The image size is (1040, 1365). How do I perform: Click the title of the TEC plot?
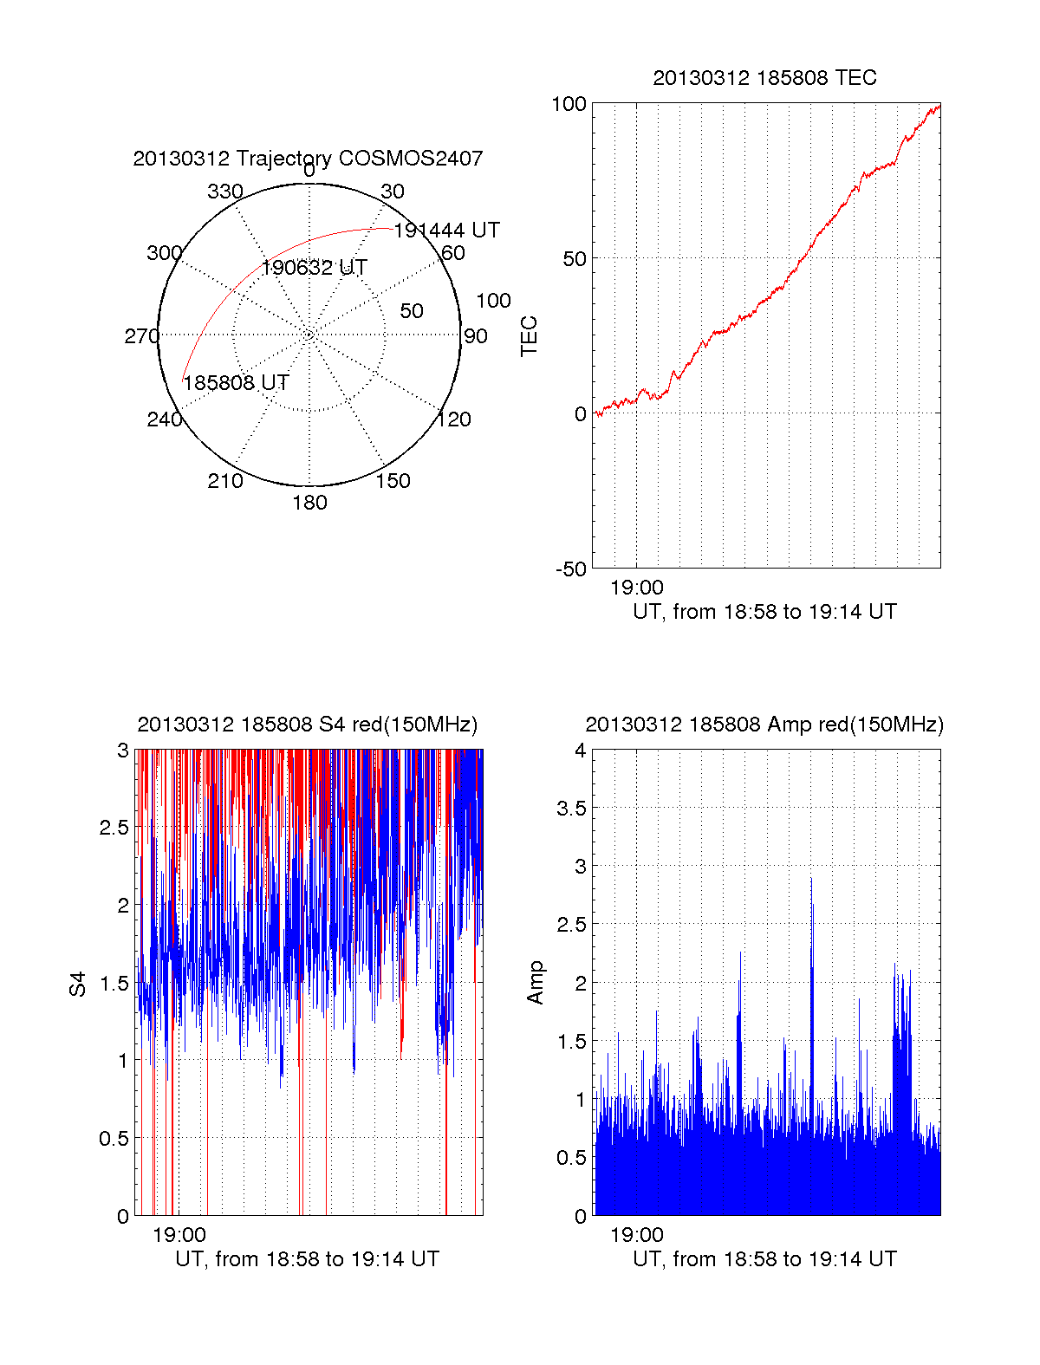click(x=764, y=78)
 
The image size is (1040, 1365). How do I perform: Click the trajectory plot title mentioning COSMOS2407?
click(x=308, y=159)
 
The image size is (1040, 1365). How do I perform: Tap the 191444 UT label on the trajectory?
click(x=446, y=231)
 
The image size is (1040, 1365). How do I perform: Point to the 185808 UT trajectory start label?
click(x=236, y=383)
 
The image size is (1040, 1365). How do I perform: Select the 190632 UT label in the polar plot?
click(x=314, y=268)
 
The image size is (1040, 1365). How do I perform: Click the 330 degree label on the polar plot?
click(x=224, y=192)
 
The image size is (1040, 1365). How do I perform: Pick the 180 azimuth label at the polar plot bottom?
click(x=309, y=503)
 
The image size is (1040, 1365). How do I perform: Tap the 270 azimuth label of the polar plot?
click(x=141, y=336)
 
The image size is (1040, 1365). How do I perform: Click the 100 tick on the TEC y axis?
click(x=569, y=104)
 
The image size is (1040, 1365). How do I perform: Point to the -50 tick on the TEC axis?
click(x=571, y=569)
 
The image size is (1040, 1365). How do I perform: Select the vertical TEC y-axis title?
click(x=529, y=336)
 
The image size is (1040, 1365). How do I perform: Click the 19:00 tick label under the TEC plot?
click(x=637, y=588)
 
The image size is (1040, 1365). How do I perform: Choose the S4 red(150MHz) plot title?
click(x=308, y=725)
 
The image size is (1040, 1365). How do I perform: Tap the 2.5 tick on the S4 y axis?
click(x=114, y=828)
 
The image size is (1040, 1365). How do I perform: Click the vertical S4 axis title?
click(x=78, y=984)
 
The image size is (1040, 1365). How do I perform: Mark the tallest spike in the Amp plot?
click(x=811, y=881)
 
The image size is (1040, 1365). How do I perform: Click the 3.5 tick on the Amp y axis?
click(x=571, y=809)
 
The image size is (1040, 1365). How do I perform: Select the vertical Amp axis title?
click(x=536, y=983)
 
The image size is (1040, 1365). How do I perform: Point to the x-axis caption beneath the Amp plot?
click(x=764, y=1259)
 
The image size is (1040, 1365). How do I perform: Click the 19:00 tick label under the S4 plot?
click(x=179, y=1235)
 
